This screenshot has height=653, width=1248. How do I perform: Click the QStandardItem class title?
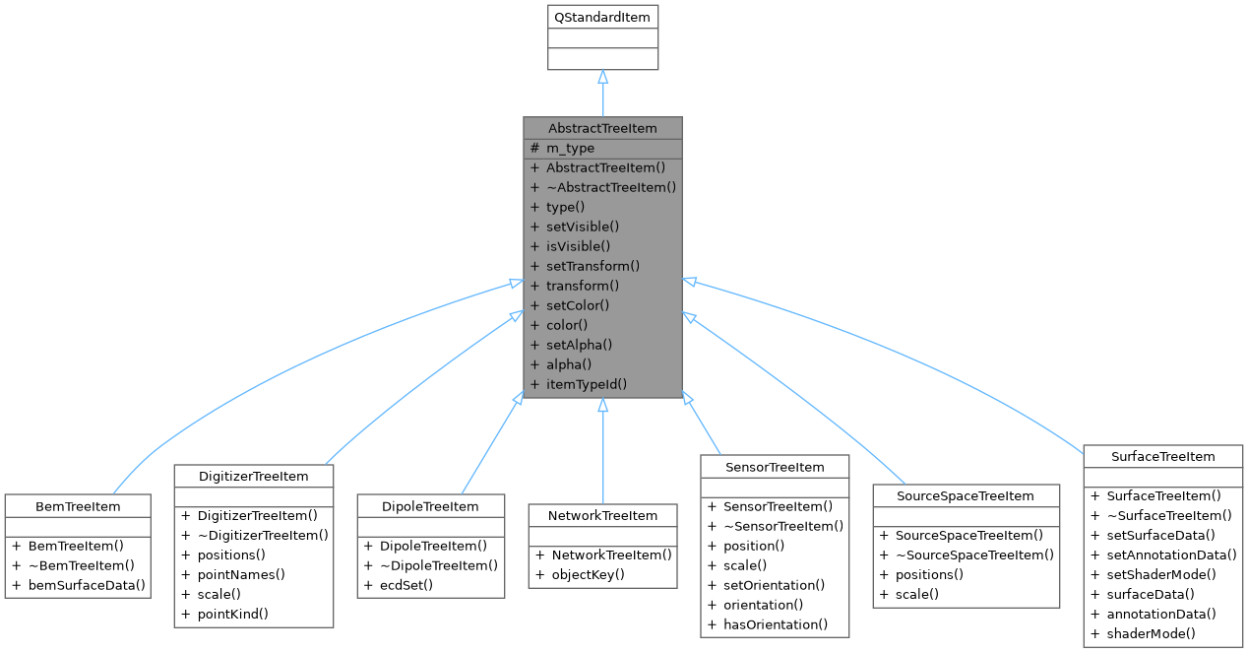pyautogui.click(x=602, y=17)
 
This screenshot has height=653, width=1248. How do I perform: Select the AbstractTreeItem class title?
pyautogui.click(x=602, y=128)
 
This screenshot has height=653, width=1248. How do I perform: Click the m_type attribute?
pyautogui.click(x=570, y=148)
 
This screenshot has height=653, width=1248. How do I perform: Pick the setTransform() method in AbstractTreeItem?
pyautogui.click(x=593, y=266)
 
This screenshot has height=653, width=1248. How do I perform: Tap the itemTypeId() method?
pyautogui.click(x=586, y=384)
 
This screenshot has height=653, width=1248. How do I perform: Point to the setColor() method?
pyautogui.click(x=580, y=305)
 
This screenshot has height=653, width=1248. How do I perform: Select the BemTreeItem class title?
pyautogui.click(x=77, y=505)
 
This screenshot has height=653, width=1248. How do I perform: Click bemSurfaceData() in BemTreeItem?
pyautogui.click(x=87, y=585)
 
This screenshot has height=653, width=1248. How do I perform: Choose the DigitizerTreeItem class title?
pyautogui.click(x=254, y=476)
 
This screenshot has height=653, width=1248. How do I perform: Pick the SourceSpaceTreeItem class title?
pyautogui.click(x=966, y=495)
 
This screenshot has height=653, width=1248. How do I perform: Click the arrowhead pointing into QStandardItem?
pyautogui.click(x=602, y=77)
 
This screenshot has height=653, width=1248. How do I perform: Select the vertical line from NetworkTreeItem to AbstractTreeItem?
pyautogui.click(x=602, y=453)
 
